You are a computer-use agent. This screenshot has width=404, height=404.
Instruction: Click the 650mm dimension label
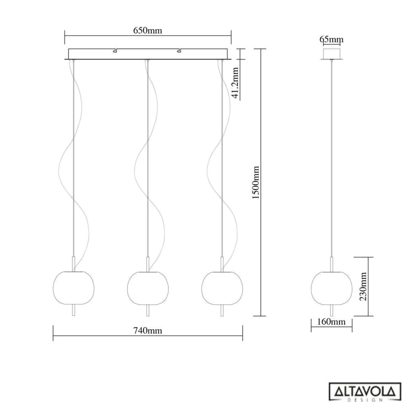pos(148,31)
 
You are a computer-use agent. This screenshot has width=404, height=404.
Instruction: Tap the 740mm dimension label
pos(148,331)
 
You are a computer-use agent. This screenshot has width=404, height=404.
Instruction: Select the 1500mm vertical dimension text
pos(256,182)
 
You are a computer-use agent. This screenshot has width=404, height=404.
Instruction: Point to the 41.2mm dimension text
pos(235,83)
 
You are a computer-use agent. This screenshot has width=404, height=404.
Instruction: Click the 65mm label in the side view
pos(331,39)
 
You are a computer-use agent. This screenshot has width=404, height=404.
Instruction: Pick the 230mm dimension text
pos(363,286)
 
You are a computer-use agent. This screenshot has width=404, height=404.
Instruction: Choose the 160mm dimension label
pos(331,322)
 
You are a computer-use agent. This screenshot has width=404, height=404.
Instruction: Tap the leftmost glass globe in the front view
pos(74,288)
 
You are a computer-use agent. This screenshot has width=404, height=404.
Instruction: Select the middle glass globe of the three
pos(148,288)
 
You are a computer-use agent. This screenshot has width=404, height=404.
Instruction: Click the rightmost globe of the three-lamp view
pos(222,288)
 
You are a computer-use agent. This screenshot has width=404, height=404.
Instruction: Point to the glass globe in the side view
pos(332,288)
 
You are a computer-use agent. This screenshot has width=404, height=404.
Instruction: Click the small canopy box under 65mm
pos(332,54)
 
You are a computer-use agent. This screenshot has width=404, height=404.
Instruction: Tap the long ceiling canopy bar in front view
pos(148,55)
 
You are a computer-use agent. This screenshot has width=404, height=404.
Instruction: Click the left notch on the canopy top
pos(115,50)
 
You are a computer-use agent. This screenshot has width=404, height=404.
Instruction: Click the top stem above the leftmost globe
pos(74,264)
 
